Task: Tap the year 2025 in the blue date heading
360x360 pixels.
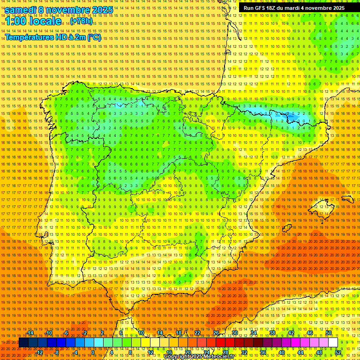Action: [x=99, y=10]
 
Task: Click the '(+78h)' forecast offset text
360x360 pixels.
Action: [x=81, y=22]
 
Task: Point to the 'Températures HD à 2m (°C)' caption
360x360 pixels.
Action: [x=53, y=37]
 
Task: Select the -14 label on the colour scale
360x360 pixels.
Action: [x=30, y=333]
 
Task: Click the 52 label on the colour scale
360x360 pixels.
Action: [x=338, y=352]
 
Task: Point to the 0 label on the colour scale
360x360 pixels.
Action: [x=93, y=352]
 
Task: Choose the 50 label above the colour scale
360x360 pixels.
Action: [x=329, y=333]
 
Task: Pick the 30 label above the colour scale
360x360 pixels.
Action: [x=234, y=333]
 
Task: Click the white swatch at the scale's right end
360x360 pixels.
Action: [x=333, y=343]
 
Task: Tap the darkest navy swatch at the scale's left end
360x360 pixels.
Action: [x=23, y=343]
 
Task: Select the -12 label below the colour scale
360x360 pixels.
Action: [x=39, y=352]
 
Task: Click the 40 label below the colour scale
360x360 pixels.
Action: [x=282, y=352]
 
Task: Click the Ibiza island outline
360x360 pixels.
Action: [x=285, y=228]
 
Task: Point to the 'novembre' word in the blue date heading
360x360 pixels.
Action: [x=61, y=10]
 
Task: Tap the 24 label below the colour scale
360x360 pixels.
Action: [x=206, y=352]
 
